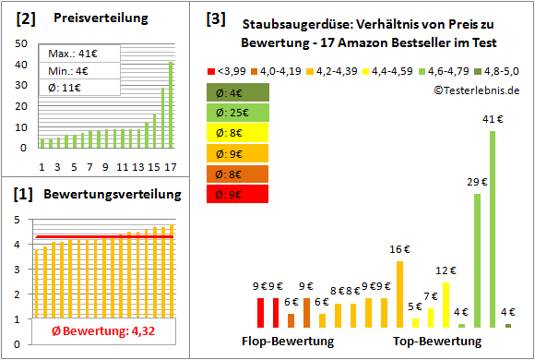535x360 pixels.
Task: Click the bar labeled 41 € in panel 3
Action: point(492,229)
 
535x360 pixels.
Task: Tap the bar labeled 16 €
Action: point(399,294)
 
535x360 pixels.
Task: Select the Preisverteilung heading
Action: point(91,18)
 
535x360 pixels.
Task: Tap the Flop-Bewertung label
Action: point(288,341)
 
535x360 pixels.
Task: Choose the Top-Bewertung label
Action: point(437,341)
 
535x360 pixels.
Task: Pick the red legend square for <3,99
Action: point(211,69)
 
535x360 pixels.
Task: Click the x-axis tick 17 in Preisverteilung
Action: point(170,167)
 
